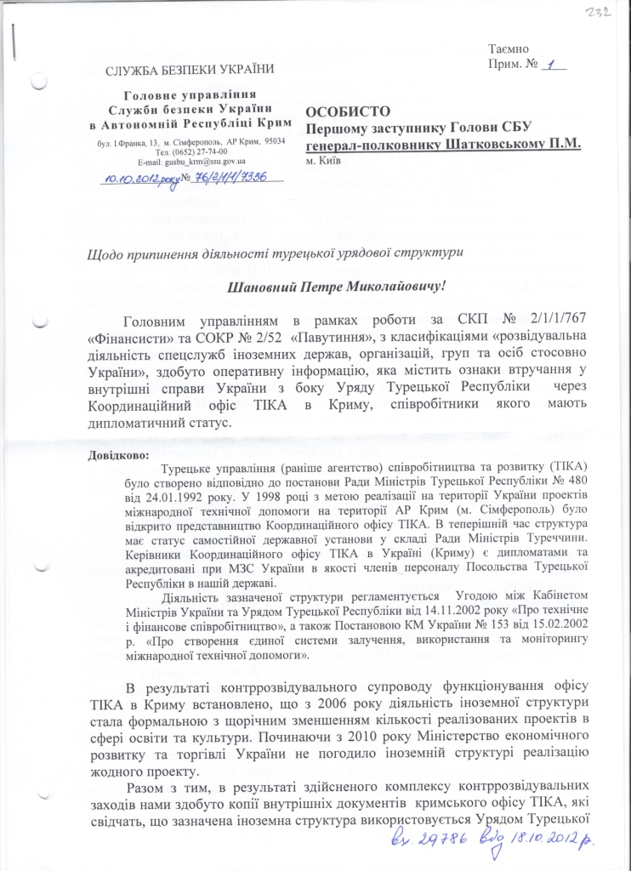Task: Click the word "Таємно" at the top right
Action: (509, 50)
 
